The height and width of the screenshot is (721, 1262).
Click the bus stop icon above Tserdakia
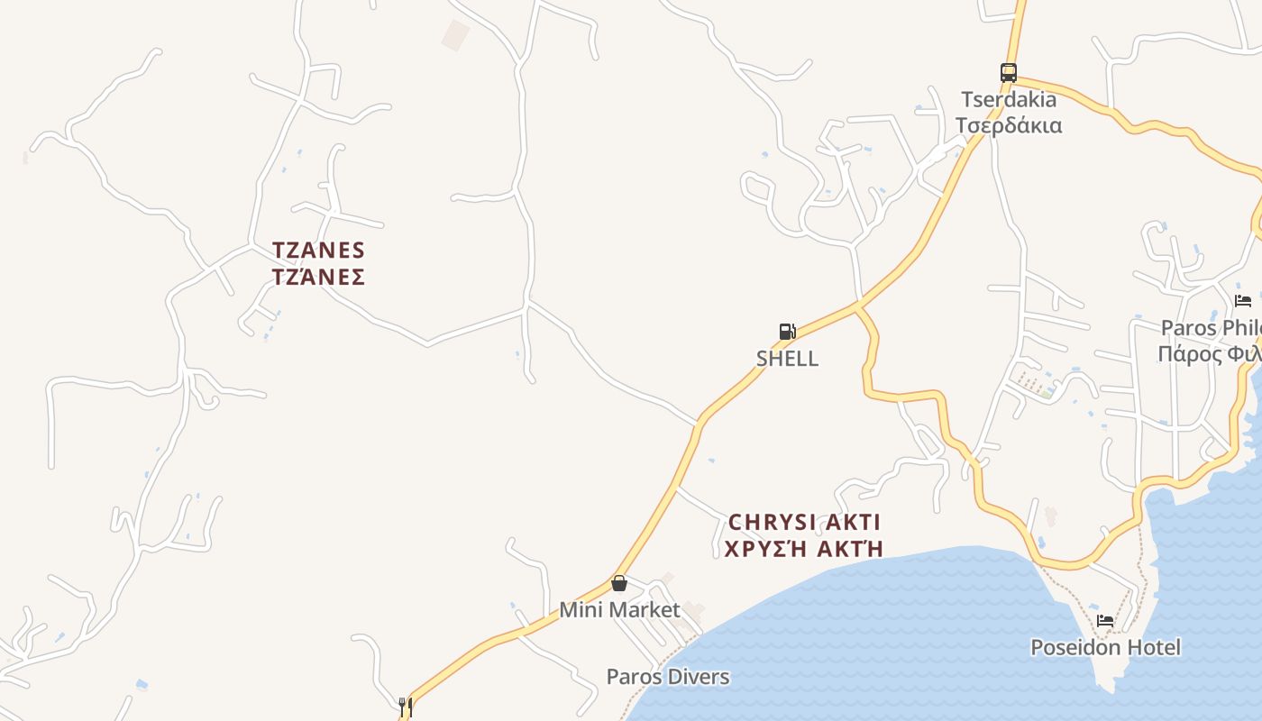coord(1008,73)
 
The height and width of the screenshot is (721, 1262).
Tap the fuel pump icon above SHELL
coord(787,332)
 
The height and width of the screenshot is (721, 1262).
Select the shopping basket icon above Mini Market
coord(619,583)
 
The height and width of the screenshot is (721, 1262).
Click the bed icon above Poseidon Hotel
coord(1105,620)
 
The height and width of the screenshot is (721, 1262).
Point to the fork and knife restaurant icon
coord(405,707)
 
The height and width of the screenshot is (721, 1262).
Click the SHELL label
coord(787,358)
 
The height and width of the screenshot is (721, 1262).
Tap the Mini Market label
coord(619,609)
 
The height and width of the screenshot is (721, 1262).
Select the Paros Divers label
coord(667,676)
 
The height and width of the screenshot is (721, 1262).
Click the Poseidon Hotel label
coord(1105,647)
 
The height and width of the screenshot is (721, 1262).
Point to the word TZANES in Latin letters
coord(318,250)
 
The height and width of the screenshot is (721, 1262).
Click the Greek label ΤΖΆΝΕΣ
coord(318,277)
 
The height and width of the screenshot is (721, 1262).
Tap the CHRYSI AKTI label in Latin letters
coord(804,522)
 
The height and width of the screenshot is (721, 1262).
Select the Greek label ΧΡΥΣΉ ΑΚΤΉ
coord(804,549)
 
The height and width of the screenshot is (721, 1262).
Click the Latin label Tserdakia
coord(1008,99)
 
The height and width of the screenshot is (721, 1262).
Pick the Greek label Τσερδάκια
coord(1008,125)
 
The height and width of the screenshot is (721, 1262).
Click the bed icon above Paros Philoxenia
coord(1243,301)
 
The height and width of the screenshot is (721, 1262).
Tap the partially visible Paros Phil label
coord(1211,327)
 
